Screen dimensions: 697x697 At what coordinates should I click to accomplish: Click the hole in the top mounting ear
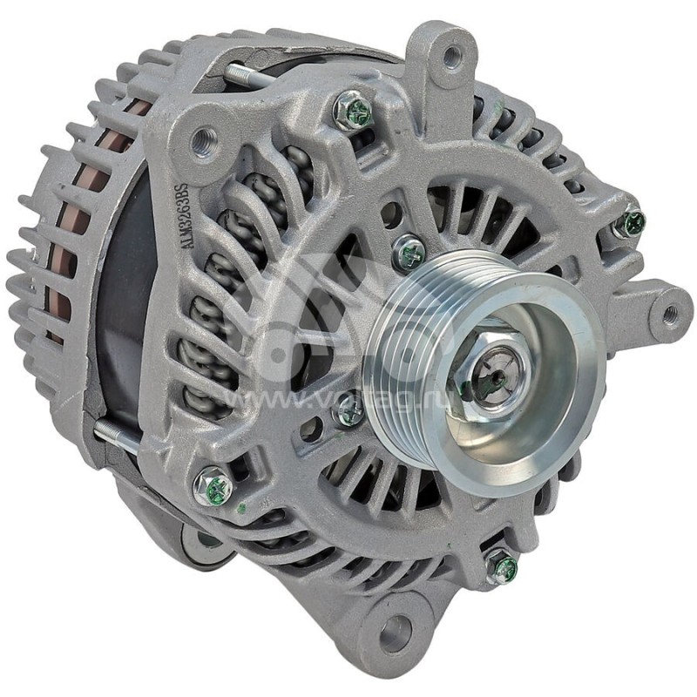(452, 58)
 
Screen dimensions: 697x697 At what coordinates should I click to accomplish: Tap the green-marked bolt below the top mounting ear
(354, 111)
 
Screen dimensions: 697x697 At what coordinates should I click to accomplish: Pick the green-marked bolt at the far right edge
(630, 223)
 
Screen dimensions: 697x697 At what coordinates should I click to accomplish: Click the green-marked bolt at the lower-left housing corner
(212, 487)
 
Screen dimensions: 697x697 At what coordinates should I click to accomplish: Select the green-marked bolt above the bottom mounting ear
(502, 568)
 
